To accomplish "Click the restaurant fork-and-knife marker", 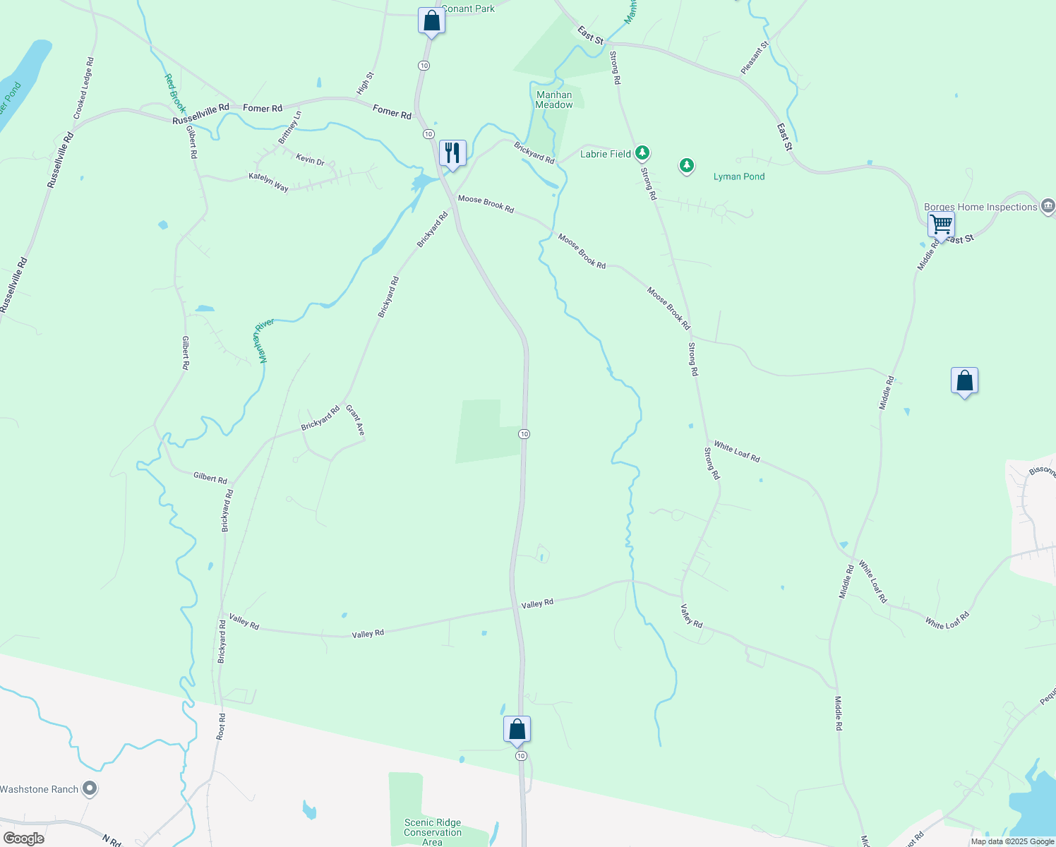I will point(452,153).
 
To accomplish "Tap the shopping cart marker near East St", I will point(941,225).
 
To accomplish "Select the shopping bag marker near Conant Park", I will point(431,21).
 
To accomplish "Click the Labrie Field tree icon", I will point(642,152).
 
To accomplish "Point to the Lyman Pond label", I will point(738,176).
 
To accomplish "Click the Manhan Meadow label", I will point(554,100).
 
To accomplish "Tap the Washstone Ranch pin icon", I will point(90,788).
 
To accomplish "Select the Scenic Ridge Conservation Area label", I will point(433,832).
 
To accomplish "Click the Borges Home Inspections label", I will point(980,207).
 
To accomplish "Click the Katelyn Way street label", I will point(268,182).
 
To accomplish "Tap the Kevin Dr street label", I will point(310,160).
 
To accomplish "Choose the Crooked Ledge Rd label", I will point(83,88).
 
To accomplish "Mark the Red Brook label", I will point(174,93).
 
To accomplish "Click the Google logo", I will point(23,839).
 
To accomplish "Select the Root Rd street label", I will point(222,726).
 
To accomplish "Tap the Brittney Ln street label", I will point(289,128).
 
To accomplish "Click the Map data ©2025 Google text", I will point(1012,841).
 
